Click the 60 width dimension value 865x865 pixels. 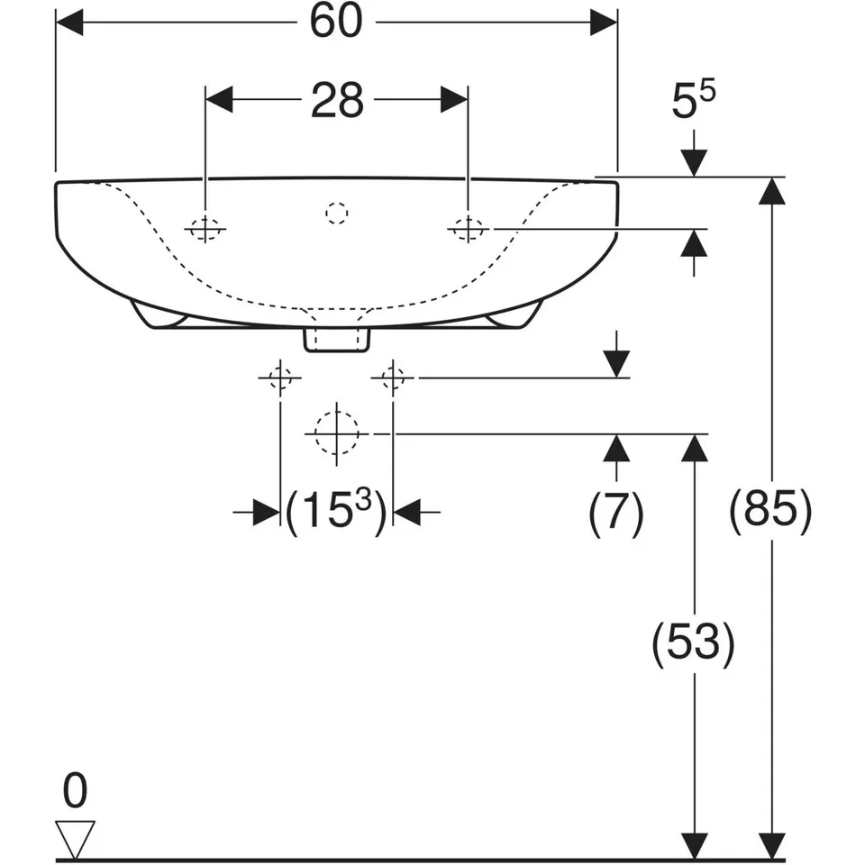point(336,22)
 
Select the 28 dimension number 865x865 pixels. point(337,100)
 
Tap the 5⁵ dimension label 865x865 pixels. point(693,99)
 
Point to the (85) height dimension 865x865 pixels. point(771,512)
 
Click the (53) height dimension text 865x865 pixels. point(694,643)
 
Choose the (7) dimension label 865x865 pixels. point(616,513)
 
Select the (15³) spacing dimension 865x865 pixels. point(336,512)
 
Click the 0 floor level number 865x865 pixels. point(75,790)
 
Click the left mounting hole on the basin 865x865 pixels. point(205,228)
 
